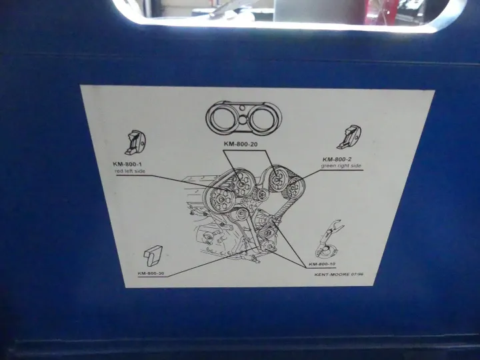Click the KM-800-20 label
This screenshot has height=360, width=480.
(x=240, y=144)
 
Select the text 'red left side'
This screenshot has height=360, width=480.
(x=130, y=171)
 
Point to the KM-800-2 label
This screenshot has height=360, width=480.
(x=337, y=159)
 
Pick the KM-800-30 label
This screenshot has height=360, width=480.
(x=149, y=273)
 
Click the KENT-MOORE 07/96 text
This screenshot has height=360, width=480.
(x=339, y=274)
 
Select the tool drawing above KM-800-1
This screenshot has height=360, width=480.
(x=135, y=143)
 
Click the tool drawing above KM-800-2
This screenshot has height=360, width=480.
(x=349, y=137)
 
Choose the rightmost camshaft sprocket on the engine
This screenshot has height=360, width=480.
(x=295, y=187)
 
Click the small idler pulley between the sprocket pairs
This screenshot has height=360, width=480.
(x=261, y=194)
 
